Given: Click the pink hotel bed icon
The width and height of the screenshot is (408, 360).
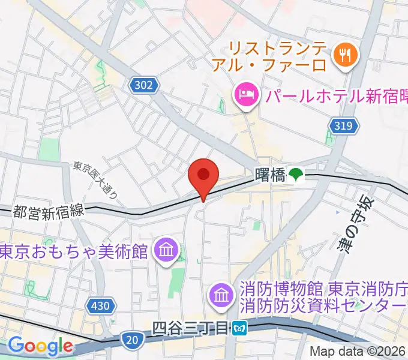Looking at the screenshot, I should (x=246, y=94).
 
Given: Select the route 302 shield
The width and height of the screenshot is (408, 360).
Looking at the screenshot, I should (x=143, y=86).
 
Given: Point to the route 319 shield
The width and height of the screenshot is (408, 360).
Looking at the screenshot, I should (x=344, y=125).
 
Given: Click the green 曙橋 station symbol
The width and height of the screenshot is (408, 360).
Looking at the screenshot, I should (x=295, y=175).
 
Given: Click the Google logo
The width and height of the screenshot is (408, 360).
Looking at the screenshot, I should (x=40, y=346).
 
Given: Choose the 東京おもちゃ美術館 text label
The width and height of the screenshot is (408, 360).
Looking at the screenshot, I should (x=73, y=251).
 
